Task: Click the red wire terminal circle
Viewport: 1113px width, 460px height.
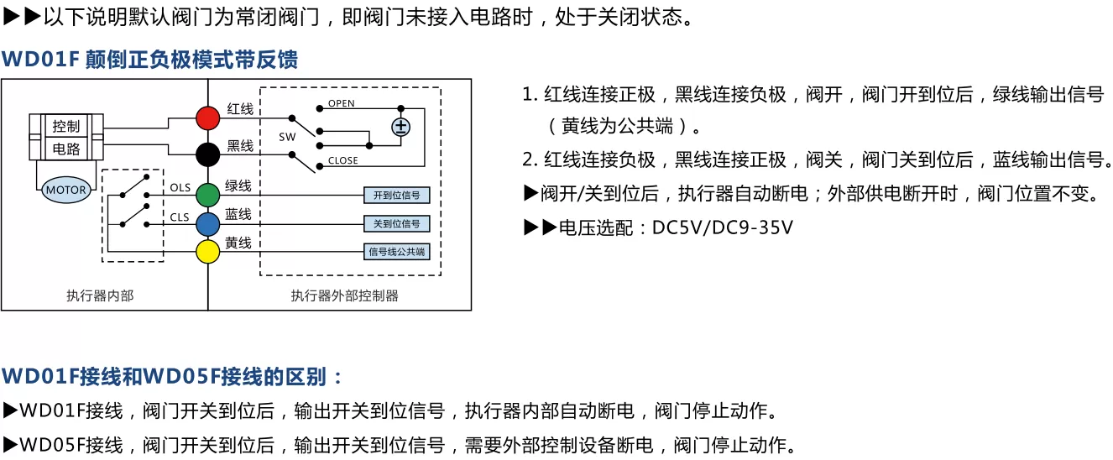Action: (207, 118)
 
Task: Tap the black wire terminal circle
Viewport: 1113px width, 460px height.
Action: (207, 154)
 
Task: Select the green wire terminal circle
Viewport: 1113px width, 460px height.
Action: (207, 195)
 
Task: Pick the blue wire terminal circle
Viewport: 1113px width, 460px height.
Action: (207, 224)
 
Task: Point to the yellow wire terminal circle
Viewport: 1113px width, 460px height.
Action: (207, 251)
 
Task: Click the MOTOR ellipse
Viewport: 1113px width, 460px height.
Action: (66, 190)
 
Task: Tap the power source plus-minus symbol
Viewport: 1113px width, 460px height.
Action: (401, 127)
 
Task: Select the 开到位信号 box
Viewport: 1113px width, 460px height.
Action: (396, 196)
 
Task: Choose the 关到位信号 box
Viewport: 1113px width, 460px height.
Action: (396, 223)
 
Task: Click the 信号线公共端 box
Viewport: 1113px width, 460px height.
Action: (396, 252)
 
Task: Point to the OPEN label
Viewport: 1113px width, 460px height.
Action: (342, 103)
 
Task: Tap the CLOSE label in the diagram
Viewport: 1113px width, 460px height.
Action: (342, 160)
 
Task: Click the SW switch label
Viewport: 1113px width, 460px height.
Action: (287, 137)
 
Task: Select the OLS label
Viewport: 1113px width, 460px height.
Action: (180, 188)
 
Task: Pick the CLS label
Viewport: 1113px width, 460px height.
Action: (180, 217)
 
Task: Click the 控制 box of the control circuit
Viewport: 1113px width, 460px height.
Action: (66, 126)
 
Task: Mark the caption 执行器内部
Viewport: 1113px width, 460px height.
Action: (101, 296)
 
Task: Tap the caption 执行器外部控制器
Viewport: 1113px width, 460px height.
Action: (344, 296)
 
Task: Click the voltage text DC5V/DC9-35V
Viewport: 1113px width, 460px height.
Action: (723, 228)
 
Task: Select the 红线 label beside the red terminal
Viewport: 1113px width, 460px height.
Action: (240, 109)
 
